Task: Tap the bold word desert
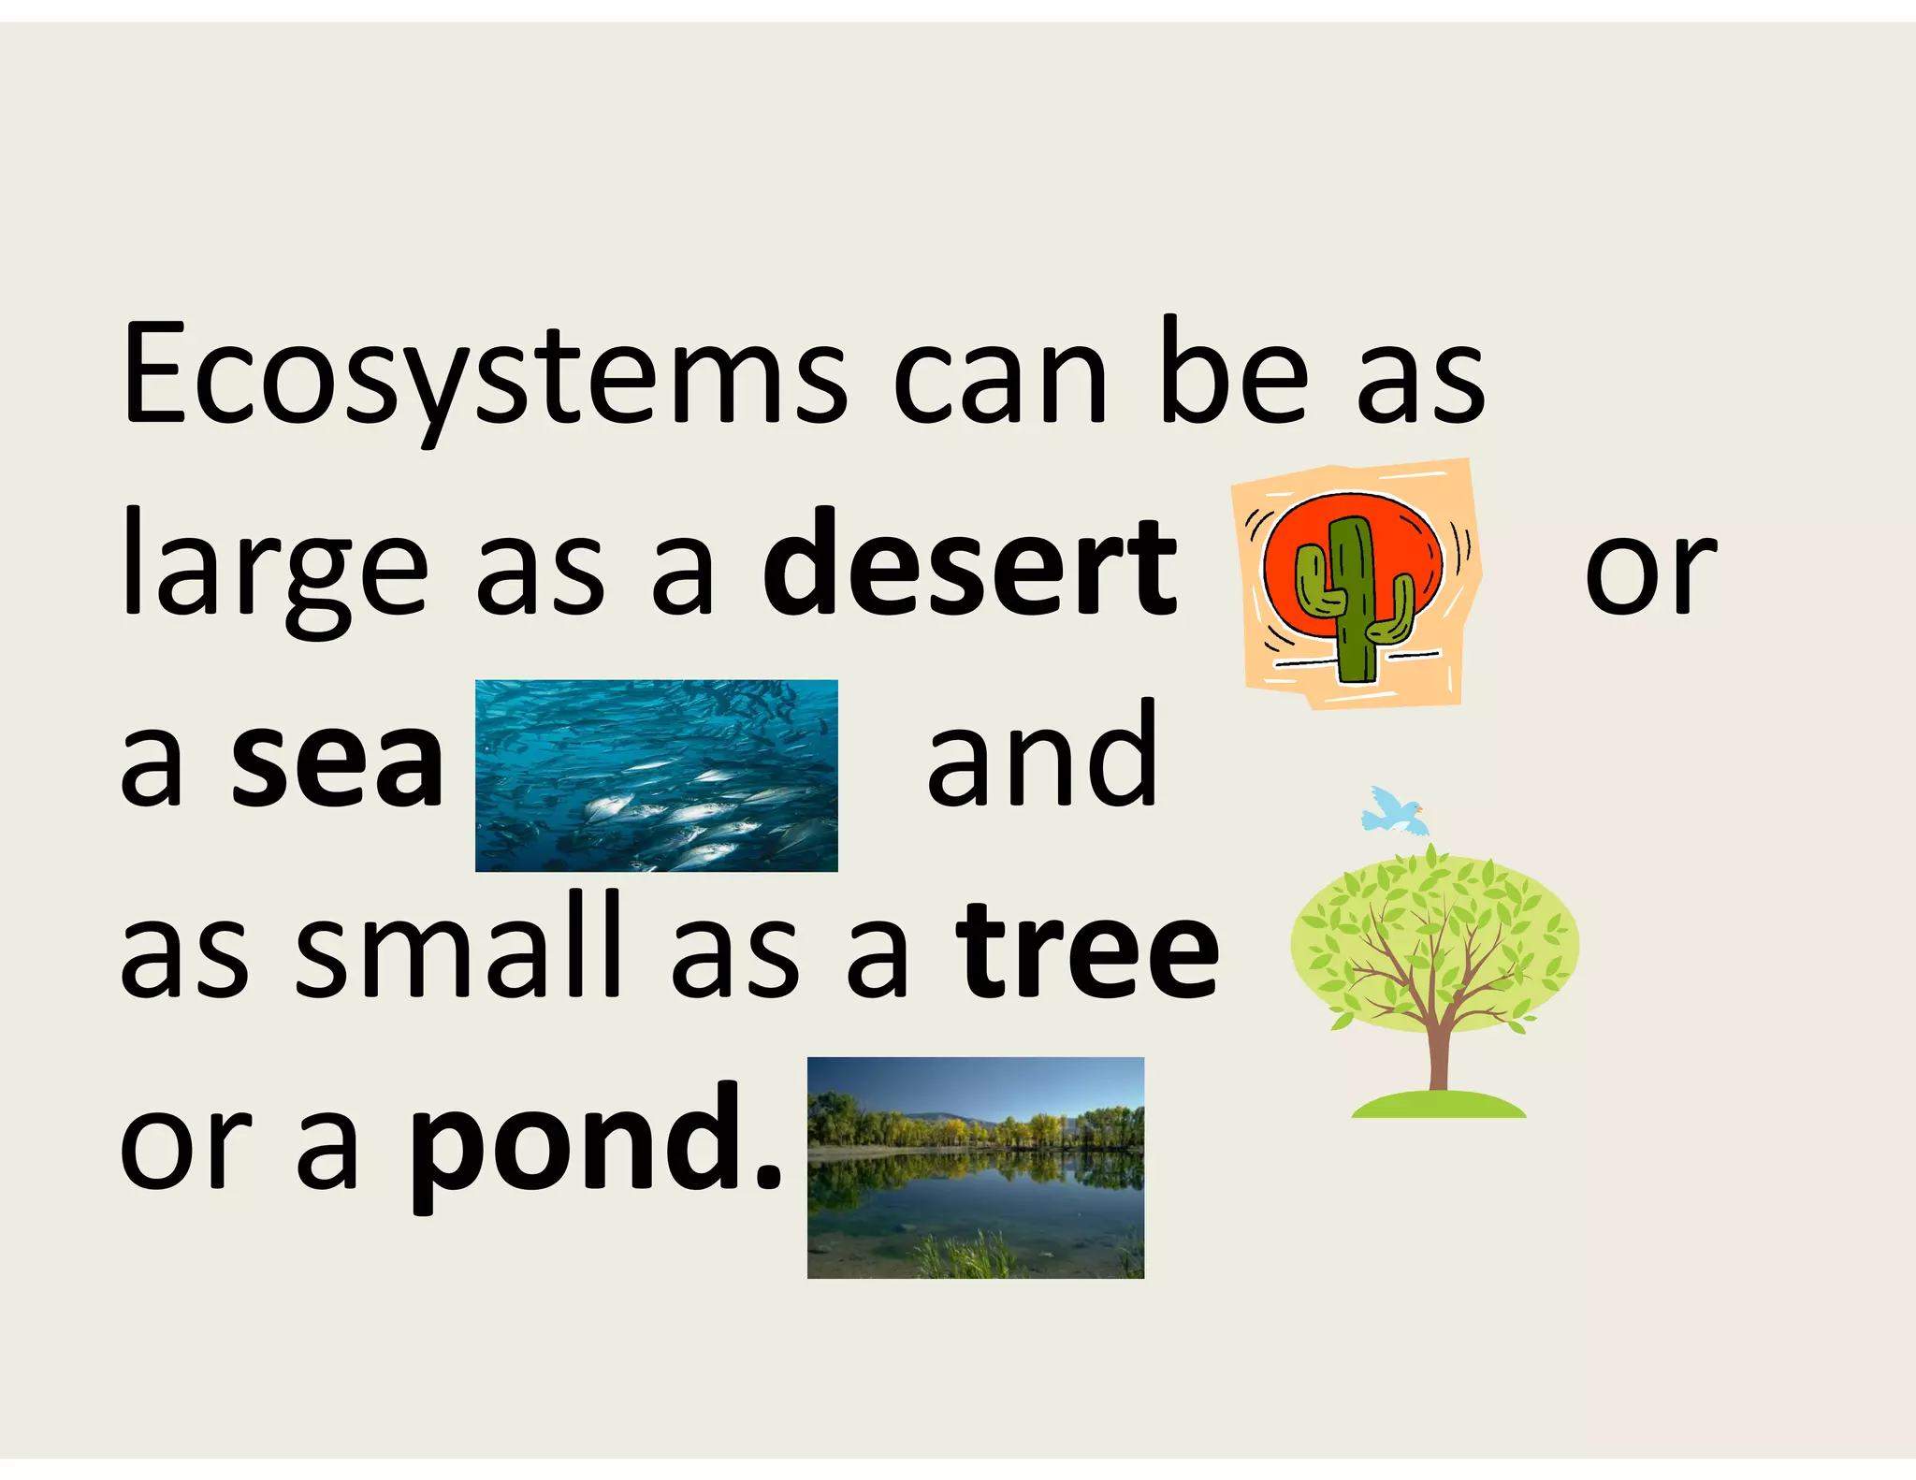point(969,565)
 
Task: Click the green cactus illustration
point(1353,599)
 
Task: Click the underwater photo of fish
point(656,776)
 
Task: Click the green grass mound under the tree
point(1438,1106)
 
